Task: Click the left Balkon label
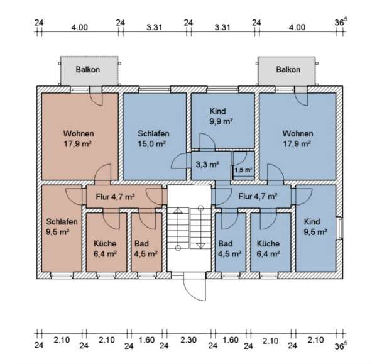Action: (x=88, y=70)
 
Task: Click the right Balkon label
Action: (x=288, y=70)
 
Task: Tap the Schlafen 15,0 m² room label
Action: (x=153, y=139)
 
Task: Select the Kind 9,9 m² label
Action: (x=221, y=116)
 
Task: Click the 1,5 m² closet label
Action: (x=243, y=170)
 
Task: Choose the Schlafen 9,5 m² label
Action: (x=62, y=227)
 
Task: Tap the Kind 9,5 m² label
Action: (x=315, y=227)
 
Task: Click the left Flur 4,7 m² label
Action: (x=115, y=196)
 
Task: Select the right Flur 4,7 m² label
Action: (x=257, y=196)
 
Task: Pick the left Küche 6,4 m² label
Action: (x=105, y=249)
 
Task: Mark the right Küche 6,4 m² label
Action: (x=268, y=249)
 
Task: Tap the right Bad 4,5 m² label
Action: (x=229, y=249)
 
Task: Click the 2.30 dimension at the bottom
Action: (x=187, y=340)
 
